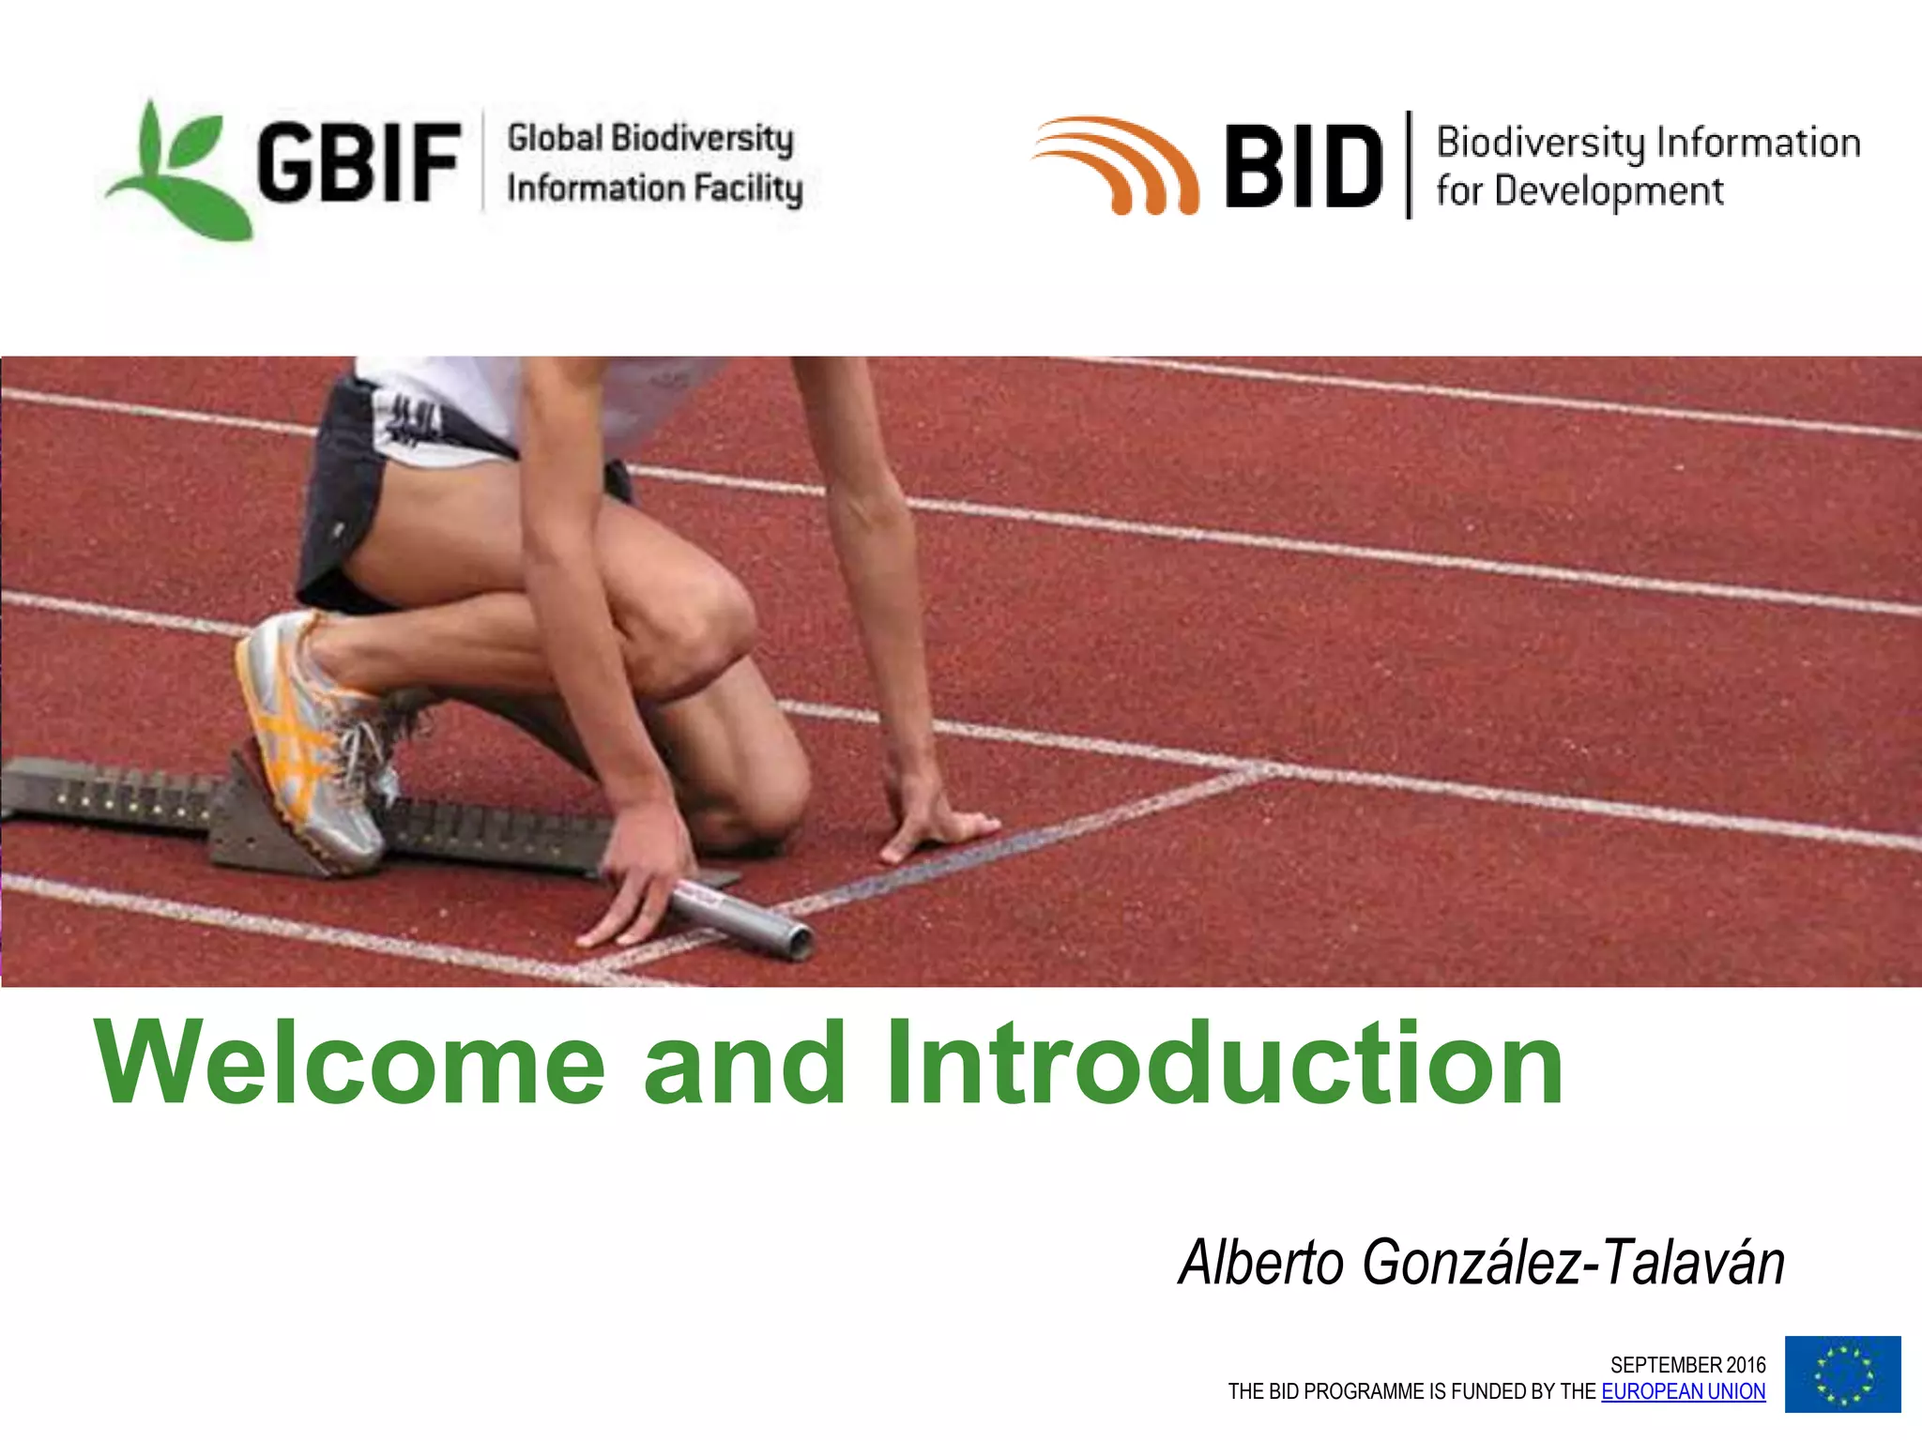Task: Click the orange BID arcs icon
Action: (1117, 164)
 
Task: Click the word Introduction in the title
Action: (1225, 1063)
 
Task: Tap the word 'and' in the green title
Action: (745, 1063)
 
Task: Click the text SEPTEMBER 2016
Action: (1686, 1364)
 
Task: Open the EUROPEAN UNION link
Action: (1683, 1391)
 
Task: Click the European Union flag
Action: (1842, 1373)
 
